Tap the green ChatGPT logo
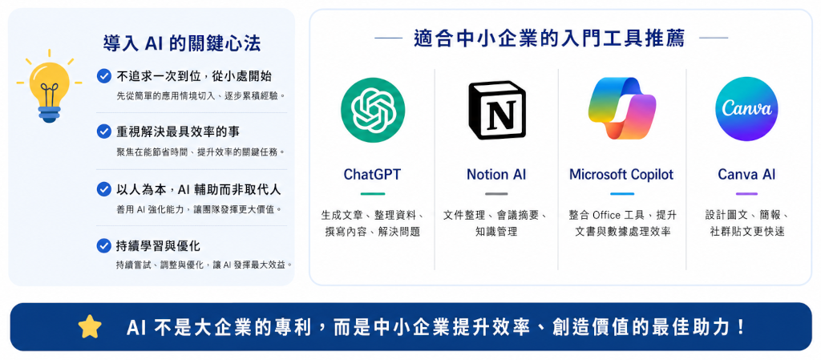click(372, 110)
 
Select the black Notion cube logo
click(495, 110)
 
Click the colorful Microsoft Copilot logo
click(621, 109)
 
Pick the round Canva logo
click(746, 109)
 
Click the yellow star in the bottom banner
click(90, 327)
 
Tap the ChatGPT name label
click(372, 174)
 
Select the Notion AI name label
click(495, 174)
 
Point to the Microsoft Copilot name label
click(621, 174)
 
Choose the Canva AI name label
click(746, 174)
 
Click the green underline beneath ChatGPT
click(372, 193)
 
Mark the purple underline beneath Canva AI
click(746, 193)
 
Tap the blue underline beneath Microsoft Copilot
click(621, 193)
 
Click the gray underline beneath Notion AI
click(495, 193)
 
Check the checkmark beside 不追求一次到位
click(103, 76)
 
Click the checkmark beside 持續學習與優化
click(103, 245)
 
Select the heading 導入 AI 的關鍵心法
click(182, 43)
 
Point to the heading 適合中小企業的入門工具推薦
click(548, 38)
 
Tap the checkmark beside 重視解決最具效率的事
click(103, 131)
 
